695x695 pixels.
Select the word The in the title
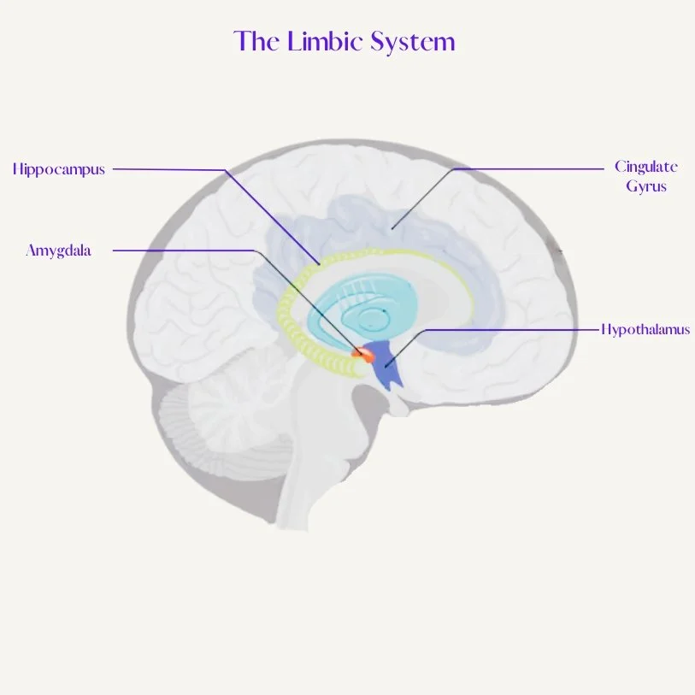(x=255, y=40)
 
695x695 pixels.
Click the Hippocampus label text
(x=59, y=169)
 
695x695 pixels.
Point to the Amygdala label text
(x=58, y=250)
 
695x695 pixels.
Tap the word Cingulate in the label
(x=645, y=167)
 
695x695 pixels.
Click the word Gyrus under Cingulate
(x=646, y=186)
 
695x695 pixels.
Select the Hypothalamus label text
(x=645, y=329)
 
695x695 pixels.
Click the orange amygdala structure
(x=362, y=351)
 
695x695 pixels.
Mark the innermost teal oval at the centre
(x=374, y=320)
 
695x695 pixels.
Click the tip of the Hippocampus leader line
(x=321, y=264)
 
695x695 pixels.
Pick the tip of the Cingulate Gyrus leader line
(x=392, y=228)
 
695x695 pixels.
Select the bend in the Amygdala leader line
(x=254, y=250)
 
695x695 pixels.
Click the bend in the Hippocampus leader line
(x=227, y=170)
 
